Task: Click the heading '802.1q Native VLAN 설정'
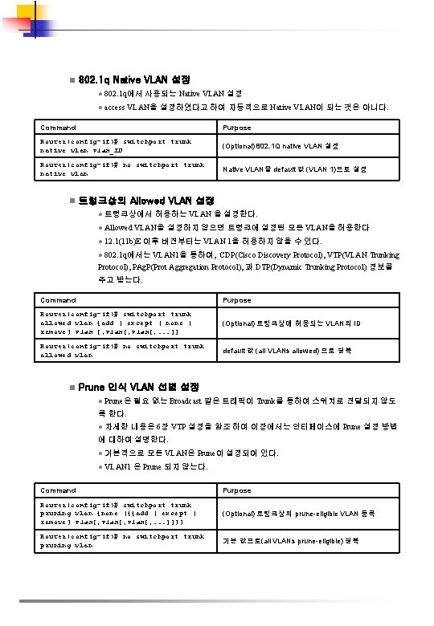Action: [x=135, y=80]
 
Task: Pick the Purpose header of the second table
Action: [x=237, y=299]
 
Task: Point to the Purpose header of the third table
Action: [x=237, y=489]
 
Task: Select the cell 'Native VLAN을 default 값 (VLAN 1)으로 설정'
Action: [x=294, y=169]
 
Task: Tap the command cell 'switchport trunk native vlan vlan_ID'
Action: [x=116, y=146]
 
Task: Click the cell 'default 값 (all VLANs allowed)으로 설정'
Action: [x=286, y=351]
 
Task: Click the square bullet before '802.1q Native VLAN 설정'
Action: [x=72, y=81]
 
